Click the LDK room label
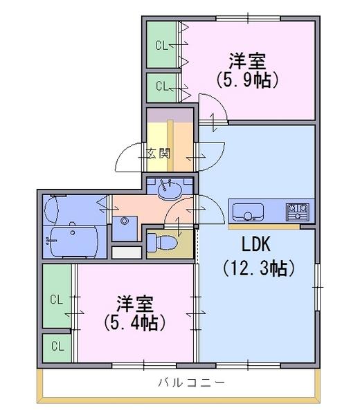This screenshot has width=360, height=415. (256, 244)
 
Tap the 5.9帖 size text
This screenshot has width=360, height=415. (247, 80)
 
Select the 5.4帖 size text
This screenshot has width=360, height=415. (134, 322)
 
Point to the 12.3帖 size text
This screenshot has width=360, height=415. (258, 268)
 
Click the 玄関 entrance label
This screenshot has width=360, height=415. (159, 154)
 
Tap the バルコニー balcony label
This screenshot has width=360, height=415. (192, 382)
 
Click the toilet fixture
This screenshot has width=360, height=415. (162, 241)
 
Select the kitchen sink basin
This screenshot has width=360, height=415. (248, 212)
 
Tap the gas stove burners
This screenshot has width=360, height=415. (298, 212)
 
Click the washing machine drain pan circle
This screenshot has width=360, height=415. (124, 221)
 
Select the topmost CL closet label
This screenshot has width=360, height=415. (161, 45)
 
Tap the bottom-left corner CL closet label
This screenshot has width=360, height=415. (57, 346)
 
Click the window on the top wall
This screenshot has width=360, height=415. (248, 18)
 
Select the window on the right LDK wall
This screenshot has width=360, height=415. (317, 286)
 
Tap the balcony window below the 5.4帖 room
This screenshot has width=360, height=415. (144, 366)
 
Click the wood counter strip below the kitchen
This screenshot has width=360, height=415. (264, 227)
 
